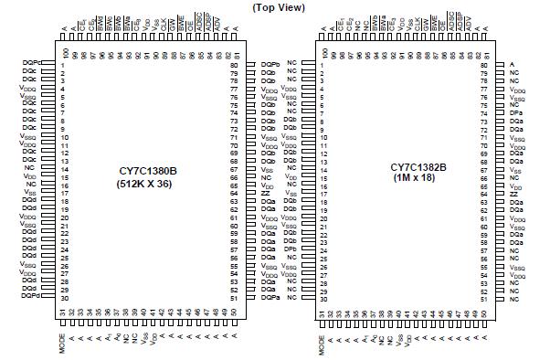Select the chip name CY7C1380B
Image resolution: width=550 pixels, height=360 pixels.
(151, 169)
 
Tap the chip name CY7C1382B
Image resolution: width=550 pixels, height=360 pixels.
(418, 166)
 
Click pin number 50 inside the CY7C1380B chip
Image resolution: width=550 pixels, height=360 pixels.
(237, 313)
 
